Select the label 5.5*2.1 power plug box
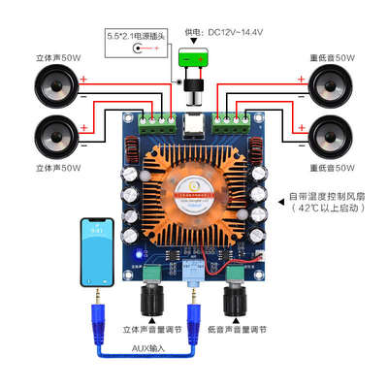136,43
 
